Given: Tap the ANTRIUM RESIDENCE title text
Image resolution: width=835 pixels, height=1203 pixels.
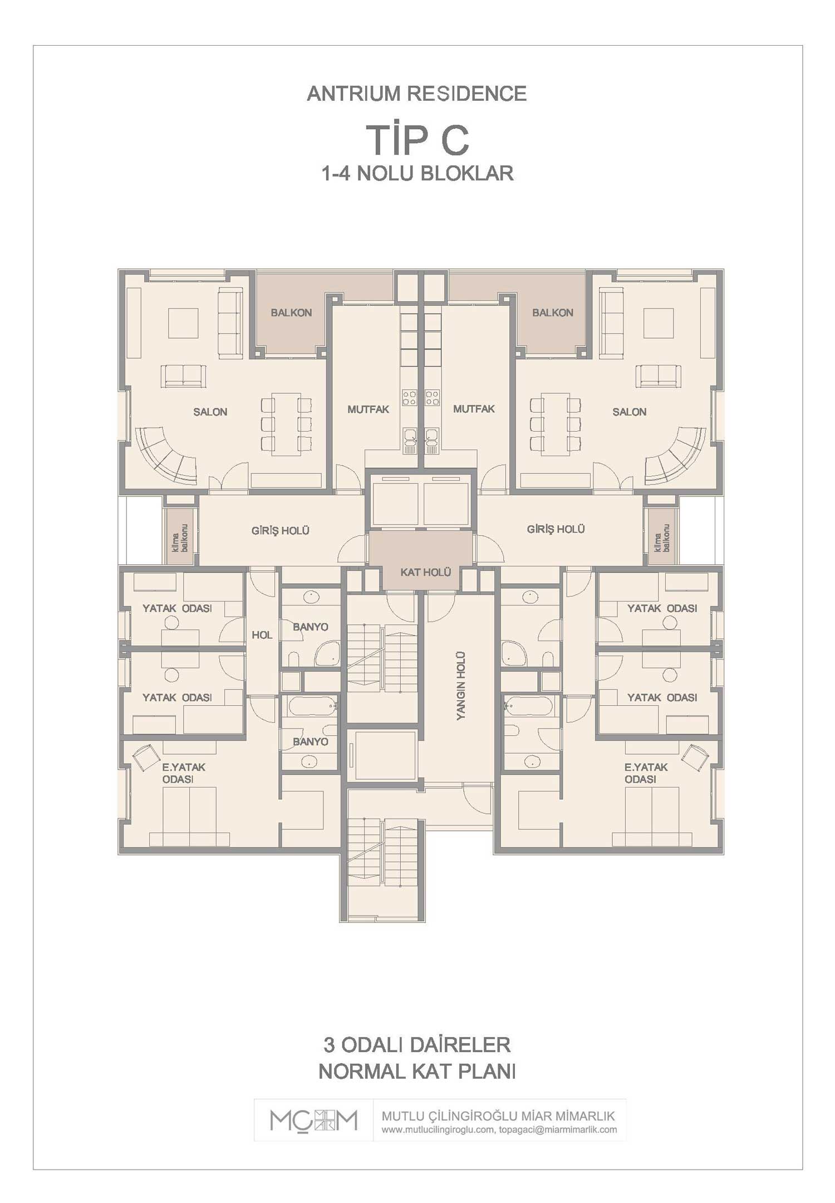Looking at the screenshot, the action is [x=417, y=94].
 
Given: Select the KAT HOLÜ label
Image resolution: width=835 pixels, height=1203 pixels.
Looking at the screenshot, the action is [x=426, y=572].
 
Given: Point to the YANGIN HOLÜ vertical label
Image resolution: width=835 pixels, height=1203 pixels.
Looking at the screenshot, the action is [x=461, y=686].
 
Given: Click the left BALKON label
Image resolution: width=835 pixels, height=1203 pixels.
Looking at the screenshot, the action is [x=291, y=312].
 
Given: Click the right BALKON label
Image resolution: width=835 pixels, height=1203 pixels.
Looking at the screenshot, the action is [x=553, y=312].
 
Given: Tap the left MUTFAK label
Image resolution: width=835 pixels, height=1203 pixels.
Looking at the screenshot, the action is [x=368, y=409].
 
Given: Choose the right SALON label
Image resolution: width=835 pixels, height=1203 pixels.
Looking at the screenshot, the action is [x=630, y=412].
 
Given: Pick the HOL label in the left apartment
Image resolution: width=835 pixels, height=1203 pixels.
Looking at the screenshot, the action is [x=262, y=635].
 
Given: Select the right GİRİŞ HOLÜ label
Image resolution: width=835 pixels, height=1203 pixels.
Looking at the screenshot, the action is [x=556, y=529].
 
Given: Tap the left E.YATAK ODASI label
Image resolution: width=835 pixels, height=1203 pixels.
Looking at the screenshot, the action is [x=184, y=773].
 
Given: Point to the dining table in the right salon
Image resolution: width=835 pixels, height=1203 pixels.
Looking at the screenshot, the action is [x=556, y=424].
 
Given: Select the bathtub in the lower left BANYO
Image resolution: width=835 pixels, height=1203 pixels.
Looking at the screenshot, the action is [x=312, y=706].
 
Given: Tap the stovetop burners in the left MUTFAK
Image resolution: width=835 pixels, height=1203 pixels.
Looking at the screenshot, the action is [x=410, y=398].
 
